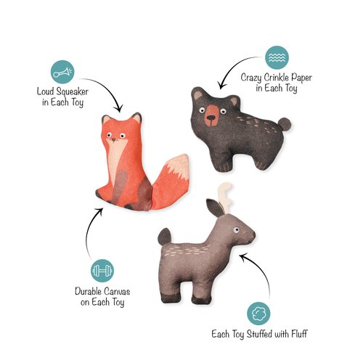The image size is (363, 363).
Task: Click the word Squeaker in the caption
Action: pos(76,92)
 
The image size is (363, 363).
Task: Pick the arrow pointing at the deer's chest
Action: pos(260,272)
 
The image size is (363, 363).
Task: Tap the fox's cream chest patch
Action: pos(121,160)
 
